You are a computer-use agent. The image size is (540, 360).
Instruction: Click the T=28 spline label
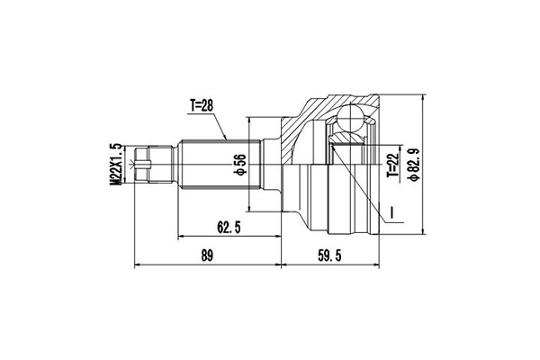coord(202,106)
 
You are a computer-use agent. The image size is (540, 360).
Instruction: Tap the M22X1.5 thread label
coord(116,165)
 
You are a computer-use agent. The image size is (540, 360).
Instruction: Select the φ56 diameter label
coord(240,165)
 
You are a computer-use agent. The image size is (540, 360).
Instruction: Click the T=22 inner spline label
coord(393,165)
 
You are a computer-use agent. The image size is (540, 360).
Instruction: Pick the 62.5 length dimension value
coord(229,228)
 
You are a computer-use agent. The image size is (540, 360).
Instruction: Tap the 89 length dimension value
coord(207,256)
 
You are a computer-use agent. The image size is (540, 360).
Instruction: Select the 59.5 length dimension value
coord(329,256)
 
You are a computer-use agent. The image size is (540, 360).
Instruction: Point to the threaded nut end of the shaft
coord(154,165)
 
